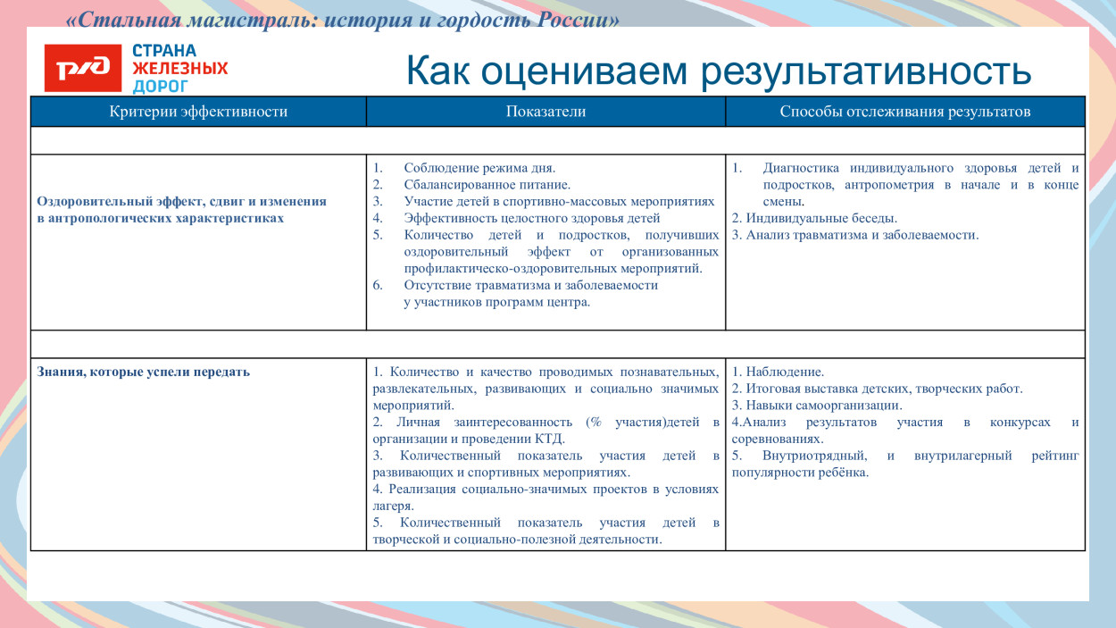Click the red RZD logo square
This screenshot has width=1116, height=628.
click(x=82, y=68)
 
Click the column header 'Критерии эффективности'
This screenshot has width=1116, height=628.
click(x=198, y=112)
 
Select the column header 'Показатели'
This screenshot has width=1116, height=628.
click(x=546, y=112)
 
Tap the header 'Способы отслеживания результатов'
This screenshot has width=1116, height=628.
click(x=904, y=112)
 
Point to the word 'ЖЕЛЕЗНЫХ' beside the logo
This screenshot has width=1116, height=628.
click(x=180, y=68)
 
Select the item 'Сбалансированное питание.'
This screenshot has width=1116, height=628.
click(x=487, y=185)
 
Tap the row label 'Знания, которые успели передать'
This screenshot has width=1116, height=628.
click(x=144, y=372)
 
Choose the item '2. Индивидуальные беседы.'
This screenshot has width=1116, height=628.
click(x=814, y=218)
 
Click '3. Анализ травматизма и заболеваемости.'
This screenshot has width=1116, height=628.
click(x=854, y=235)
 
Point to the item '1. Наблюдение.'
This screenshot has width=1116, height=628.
click(x=778, y=372)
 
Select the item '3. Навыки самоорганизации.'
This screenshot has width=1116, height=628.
click(x=816, y=405)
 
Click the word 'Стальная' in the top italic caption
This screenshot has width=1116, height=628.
click(x=116, y=20)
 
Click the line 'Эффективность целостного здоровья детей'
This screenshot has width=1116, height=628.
click(x=531, y=218)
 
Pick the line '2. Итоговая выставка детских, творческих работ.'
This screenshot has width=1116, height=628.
click(x=877, y=389)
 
